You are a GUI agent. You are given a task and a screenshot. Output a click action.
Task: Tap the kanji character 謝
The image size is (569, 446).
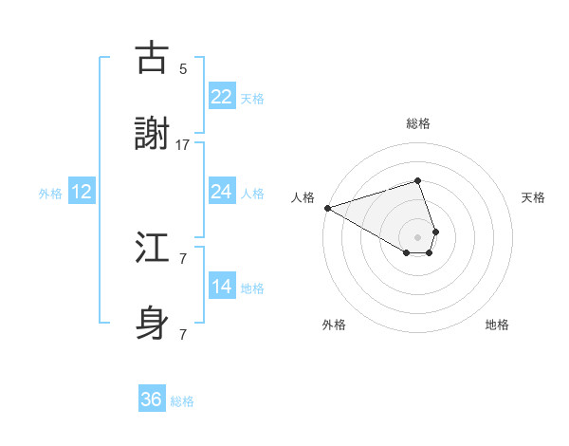click(x=152, y=134)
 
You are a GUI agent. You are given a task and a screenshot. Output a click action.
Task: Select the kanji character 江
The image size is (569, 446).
click(x=152, y=249)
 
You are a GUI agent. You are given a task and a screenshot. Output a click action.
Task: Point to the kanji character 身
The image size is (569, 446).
click(x=152, y=325)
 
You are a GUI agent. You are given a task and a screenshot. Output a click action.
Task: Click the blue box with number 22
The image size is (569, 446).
click(x=222, y=96)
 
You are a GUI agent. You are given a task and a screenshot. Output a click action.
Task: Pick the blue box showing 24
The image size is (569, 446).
click(x=222, y=192)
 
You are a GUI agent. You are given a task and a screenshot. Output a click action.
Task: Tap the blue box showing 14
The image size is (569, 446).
click(x=222, y=287)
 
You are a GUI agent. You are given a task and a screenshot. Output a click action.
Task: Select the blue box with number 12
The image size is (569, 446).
click(x=82, y=192)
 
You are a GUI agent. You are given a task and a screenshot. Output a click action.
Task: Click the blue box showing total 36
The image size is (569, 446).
click(x=152, y=400)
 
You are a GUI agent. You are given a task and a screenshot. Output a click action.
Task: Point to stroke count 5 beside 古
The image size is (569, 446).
click(x=183, y=68)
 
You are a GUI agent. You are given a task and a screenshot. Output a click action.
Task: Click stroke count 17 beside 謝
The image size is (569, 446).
click(x=183, y=145)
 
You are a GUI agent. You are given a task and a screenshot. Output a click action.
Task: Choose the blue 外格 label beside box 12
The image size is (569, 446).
click(x=50, y=193)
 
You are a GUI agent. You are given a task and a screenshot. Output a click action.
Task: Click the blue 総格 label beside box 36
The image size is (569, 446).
click(x=182, y=401)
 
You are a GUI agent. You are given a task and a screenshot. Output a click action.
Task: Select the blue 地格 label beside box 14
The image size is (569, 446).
click(x=252, y=288)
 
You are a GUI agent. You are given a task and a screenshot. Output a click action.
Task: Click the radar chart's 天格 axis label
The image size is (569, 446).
click(x=534, y=197)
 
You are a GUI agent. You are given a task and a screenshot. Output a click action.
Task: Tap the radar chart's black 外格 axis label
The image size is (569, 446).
click(x=334, y=325)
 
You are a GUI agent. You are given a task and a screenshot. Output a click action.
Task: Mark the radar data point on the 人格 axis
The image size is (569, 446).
click(x=327, y=208)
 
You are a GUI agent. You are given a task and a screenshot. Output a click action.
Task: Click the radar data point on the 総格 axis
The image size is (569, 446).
click(x=417, y=180)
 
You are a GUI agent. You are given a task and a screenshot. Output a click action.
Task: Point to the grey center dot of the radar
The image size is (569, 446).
click(x=417, y=236)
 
